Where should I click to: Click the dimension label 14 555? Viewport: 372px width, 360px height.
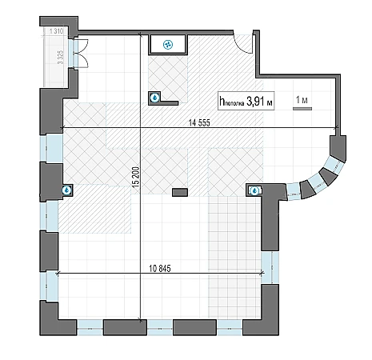pyautogui.click(x=199, y=122)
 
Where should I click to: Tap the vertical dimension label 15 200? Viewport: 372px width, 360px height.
pyautogui.click(x=136, y=177)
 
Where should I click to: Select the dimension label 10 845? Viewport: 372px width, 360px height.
pyautogui.click(x=160, y=268)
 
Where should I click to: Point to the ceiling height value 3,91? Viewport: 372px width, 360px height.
pyautogui.click(x=255, y=102)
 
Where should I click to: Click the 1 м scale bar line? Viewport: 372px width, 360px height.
pyautogui.click(x=302, y=109)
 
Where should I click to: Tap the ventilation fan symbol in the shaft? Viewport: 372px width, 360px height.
pyautogui.click(x=168, y=45)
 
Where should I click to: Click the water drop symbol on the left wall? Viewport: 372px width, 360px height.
pyautogui.click(x=66, y=190)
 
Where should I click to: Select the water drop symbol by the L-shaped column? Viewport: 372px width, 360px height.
pyautogui.click(x=154, y=98)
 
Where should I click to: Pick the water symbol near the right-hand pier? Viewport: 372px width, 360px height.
pyautogui.click(x=255, y=190)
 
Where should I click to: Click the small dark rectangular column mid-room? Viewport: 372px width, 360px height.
pyautogui.click(x=180, y=192)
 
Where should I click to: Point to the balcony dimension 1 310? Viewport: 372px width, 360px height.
pyautogui.click(x=56, y=31)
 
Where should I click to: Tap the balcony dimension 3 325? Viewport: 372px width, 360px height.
pyautogui.click(x=61, y=57)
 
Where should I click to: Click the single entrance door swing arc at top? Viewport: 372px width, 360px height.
pyautogui.click(x=242, y=42)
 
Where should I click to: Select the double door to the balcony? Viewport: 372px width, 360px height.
pyautogui.click(x=81, y=53)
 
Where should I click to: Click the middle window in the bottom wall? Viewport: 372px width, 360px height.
pyautogui.click(x=160, y=327)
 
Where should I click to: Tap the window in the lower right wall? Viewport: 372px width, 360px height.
pyautogui.click(x=270, y=267)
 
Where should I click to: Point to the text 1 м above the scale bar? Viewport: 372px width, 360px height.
pyautogui.click(x=302, y=100)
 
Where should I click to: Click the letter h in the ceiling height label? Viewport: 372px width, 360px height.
pyautogui.click(x=222, y=101)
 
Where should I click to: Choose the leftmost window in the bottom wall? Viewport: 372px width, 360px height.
pyautogui.click(x=90, y=327)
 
